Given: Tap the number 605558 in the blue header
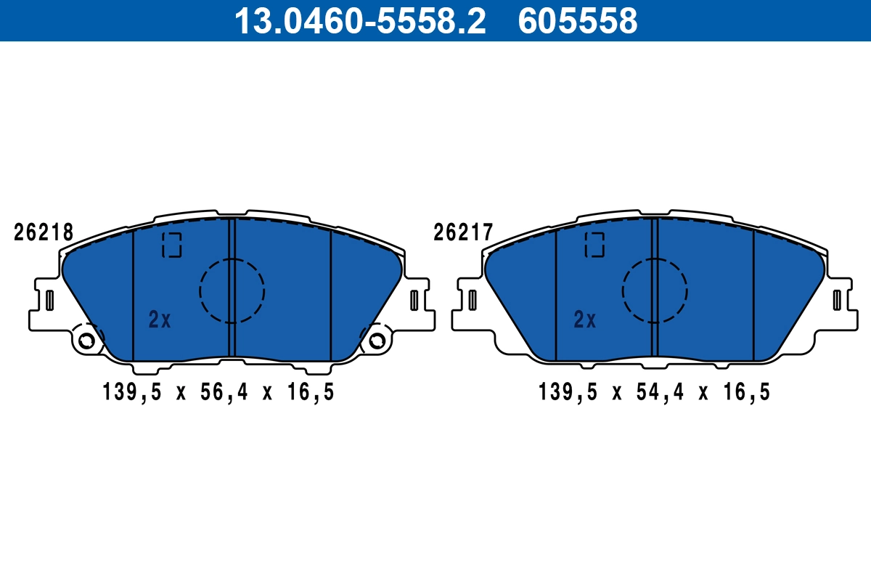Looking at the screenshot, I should click(x=577, y=21).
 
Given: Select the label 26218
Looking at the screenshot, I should click(x=44, y=233).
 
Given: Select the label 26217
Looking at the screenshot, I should click(x=463, y=233).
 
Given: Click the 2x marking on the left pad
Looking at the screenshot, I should click(x=160, y=320).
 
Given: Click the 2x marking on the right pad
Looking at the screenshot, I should click(x=584, y=320).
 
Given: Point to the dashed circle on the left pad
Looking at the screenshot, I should click(x=232, y=290).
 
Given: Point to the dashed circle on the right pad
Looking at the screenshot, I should click(x=655, y=290).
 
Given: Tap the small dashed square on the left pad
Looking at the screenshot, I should click(x=172, y=245).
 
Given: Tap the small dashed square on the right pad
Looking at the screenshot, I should click(x=595, y=245).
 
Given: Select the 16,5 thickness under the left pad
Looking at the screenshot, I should click(x=310, y=393).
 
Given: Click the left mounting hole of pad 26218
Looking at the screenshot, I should click(x=86, y=340).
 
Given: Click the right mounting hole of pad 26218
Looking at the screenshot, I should click(x=377, y=340).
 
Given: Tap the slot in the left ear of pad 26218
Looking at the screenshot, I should click(x=50, y=299).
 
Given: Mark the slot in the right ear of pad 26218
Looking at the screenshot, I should click(x=414, y=299).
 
